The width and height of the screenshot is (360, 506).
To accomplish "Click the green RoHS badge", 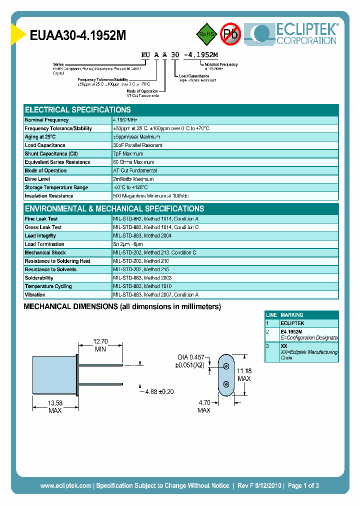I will (205, 34).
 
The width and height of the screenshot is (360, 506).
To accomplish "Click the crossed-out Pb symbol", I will (231, 34).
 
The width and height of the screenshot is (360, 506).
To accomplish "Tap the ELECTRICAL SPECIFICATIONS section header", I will (78, 109).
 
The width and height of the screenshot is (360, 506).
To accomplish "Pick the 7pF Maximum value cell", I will (128, 153).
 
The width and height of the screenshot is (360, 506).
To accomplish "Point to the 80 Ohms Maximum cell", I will (133, 162).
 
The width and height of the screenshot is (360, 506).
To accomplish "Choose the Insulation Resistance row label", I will (49, 196).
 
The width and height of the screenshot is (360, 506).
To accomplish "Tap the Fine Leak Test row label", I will (41, 219).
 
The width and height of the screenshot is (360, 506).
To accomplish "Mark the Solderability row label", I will (39, 278).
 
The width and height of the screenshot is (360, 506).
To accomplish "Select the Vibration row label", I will (35, 295).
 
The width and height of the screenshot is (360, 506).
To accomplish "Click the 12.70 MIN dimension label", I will (100, 345).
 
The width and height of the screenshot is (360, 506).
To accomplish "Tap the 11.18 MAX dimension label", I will (244, 374).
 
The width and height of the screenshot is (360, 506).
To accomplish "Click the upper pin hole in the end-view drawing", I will (226, 366).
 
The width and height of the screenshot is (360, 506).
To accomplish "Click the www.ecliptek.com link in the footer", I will (65, 485).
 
